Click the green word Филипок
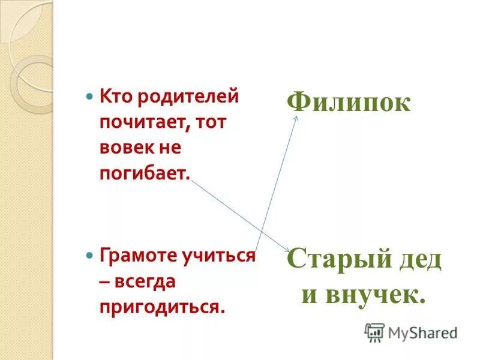click(349, 102)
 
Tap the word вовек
click(123, 148)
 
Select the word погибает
click(145, 174)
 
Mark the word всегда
click(148, 281)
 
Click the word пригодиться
click(162, 307)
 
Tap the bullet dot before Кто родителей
click(90, 96)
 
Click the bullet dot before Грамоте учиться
click(90, 255)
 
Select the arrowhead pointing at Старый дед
click(288, 251)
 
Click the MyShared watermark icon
click(374, 332)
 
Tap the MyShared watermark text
click(422, 332)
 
